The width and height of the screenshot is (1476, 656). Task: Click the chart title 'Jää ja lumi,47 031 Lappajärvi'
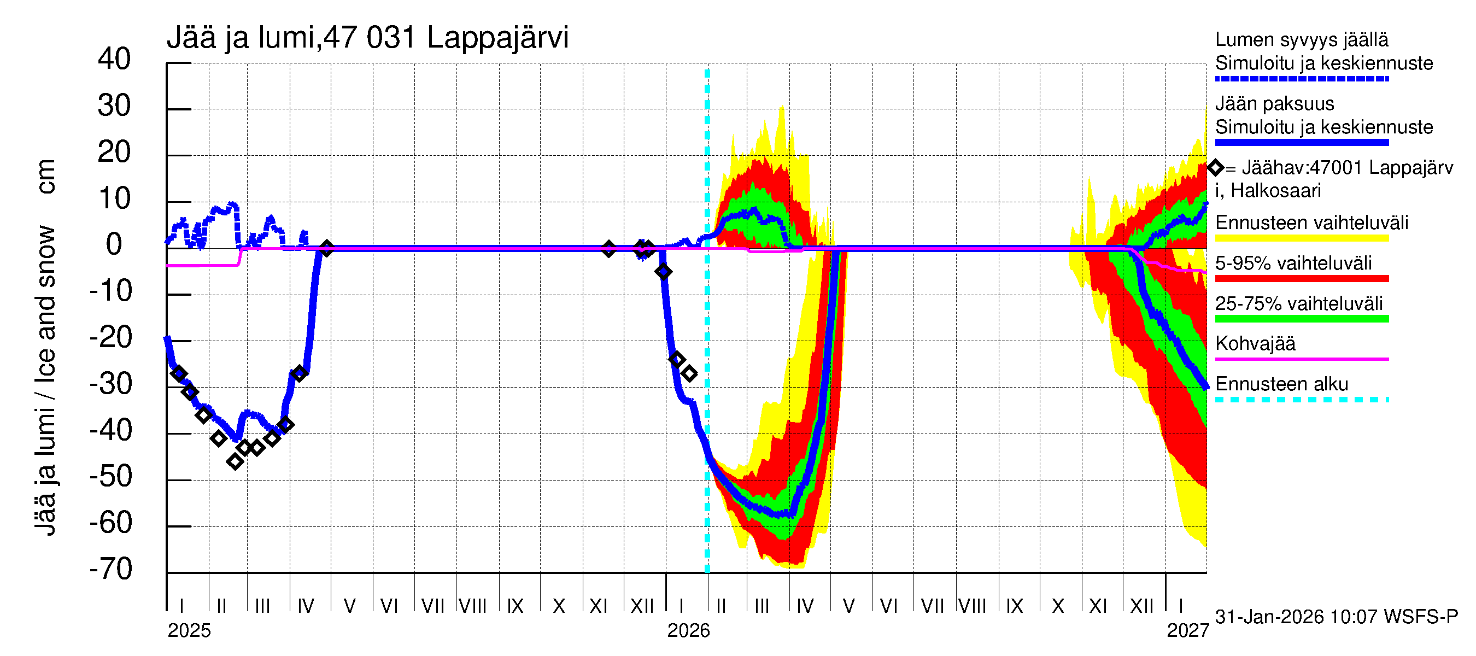click(367, 38)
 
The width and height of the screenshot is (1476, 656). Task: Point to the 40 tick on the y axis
click(115, 59)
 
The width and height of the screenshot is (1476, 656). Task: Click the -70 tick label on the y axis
click(111, 570)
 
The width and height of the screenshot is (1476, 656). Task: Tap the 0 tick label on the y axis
click(114, 245)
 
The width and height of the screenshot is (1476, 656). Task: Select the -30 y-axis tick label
click(111, 384)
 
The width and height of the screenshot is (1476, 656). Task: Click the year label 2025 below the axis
click(189, 631)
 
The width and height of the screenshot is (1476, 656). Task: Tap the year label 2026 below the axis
click(688, 631)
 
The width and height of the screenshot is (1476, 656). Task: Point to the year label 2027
click(1187, 631)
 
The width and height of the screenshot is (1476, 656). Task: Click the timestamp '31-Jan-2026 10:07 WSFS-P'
click(1336, 617)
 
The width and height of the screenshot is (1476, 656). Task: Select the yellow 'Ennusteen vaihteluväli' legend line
click(1301, 238)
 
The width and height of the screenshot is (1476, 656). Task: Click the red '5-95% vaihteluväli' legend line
click(1301, 278)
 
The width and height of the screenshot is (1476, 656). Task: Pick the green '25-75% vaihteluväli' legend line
click(1301, 319)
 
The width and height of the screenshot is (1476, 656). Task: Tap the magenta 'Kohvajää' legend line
click(1301, 359)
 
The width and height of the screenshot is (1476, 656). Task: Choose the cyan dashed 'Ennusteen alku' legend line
click(1301, 399)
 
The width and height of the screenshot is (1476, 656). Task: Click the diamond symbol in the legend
click(1215, 168)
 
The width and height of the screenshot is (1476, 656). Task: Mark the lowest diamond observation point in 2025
click(235, 462)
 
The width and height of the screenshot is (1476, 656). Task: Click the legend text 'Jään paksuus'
click(1274, 104)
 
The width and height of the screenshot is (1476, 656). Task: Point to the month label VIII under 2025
click(473, 606)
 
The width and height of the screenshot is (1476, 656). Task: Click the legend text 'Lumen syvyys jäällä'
click(1302, 39)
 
